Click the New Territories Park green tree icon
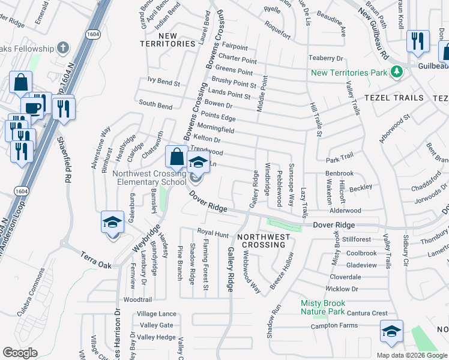click(396, 73)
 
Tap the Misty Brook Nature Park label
click(323, 307)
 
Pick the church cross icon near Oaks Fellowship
click(64, 49)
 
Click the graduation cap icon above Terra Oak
click(112, 223)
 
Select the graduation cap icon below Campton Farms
click(391, 331)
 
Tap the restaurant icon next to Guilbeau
click(417, 41)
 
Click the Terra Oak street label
click(97, 260)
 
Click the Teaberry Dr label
click(325, 58)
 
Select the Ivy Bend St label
click(163, 80)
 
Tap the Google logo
click(20, 353)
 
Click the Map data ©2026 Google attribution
click(411, 355)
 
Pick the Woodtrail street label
click(137, 299)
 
